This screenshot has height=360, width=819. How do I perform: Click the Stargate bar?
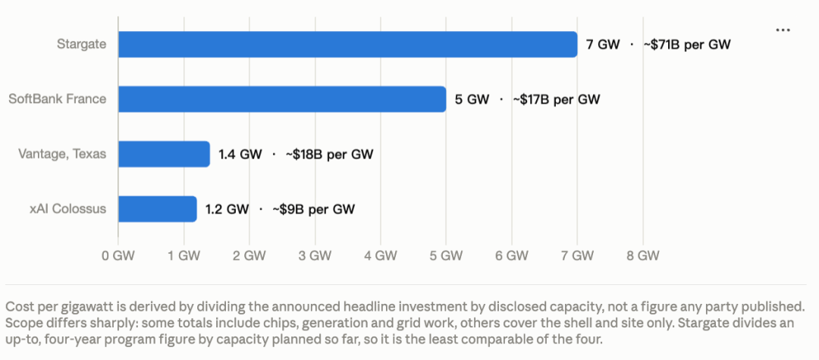348,45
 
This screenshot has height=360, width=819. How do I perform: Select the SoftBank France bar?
282,99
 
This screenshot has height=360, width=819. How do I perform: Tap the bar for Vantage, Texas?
164,154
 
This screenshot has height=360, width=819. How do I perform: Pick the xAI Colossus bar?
158,208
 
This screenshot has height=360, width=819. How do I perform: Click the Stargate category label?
81,45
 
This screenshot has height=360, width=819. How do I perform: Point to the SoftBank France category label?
58,99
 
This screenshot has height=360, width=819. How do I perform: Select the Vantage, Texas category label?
62,154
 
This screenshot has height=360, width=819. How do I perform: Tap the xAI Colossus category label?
68,208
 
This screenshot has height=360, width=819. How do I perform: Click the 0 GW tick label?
118,255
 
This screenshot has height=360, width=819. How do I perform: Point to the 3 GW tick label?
315,255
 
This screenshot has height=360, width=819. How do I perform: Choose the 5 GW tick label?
446,255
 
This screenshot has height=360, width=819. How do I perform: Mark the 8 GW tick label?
643,255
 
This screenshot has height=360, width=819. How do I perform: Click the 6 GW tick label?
512,255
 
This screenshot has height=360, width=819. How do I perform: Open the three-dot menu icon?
783,30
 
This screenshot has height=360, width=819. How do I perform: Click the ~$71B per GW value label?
687,45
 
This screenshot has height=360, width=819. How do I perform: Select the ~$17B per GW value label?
557,99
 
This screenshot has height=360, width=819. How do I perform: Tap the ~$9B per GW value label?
314,209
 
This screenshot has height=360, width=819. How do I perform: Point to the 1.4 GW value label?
240,155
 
